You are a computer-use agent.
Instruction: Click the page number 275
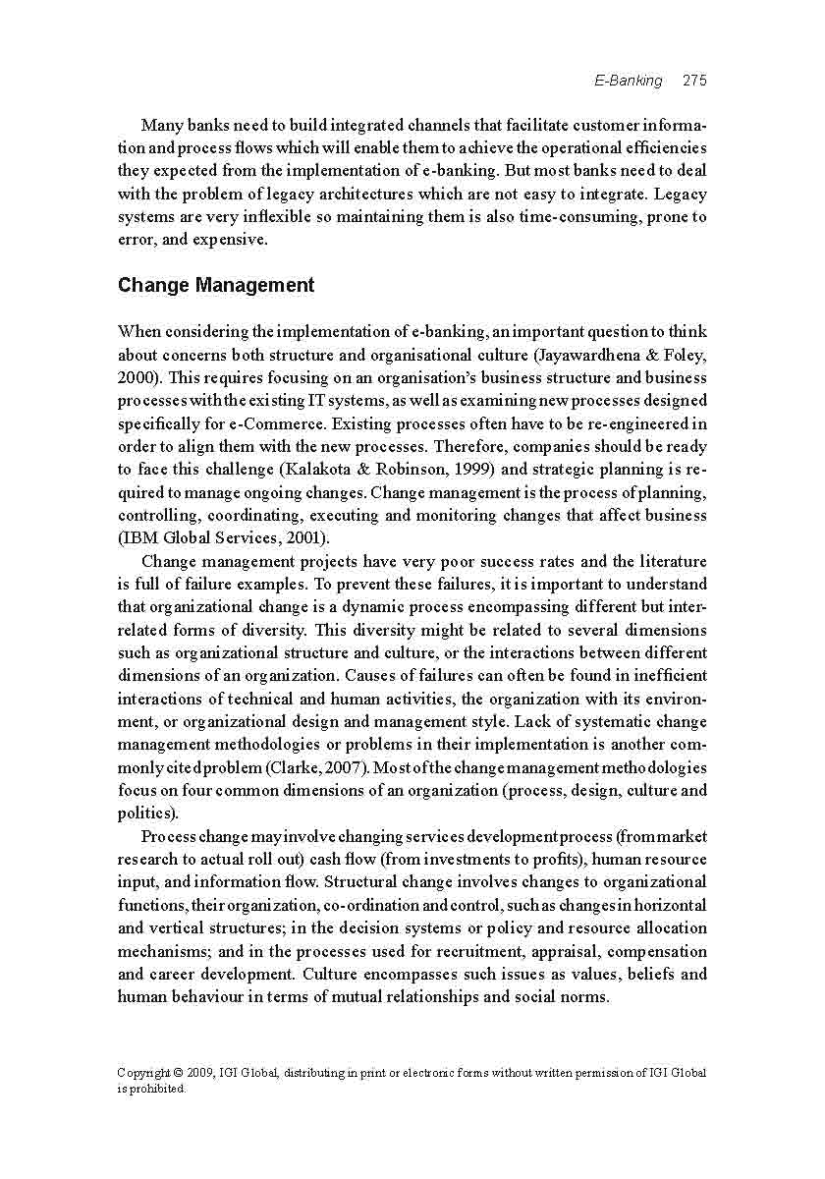coord(694,81)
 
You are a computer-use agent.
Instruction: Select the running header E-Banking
coord(629,81)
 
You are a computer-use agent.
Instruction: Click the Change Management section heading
coord(216,286)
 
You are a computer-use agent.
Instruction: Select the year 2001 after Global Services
coord(307,538)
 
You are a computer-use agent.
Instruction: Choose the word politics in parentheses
coord(146,814)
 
